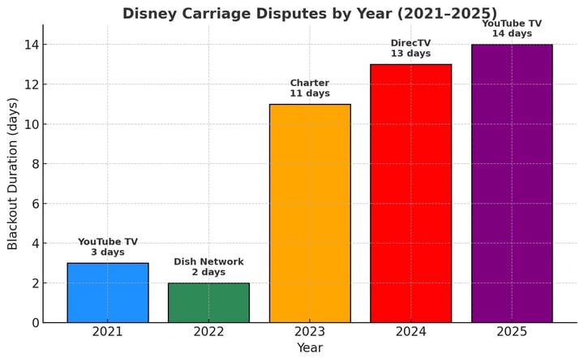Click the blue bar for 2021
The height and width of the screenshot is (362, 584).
(108, 293)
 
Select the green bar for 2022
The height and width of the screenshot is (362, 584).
(208, 303)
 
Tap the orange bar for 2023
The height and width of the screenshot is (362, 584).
(310, 213)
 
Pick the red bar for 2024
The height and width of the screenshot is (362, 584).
(410, 193)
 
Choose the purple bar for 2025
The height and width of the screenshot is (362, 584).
(512, 183)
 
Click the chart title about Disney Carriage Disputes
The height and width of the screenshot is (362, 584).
(310, 13)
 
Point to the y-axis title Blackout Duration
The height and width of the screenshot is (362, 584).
(13, 174)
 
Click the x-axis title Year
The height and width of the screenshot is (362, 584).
(310, 348)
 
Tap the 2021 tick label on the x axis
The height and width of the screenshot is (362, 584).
(108, 331)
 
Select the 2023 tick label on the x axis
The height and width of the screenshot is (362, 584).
(310, 331)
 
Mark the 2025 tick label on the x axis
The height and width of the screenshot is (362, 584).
(512, 331)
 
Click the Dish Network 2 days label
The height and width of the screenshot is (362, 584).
(208, 267)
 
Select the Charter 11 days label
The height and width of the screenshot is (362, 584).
(310, 88)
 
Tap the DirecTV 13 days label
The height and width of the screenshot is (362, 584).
(410, 48)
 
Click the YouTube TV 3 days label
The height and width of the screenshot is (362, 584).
(108, 247)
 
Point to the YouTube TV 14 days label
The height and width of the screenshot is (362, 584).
(512, 28)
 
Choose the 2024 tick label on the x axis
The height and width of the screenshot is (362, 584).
(410, 331)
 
